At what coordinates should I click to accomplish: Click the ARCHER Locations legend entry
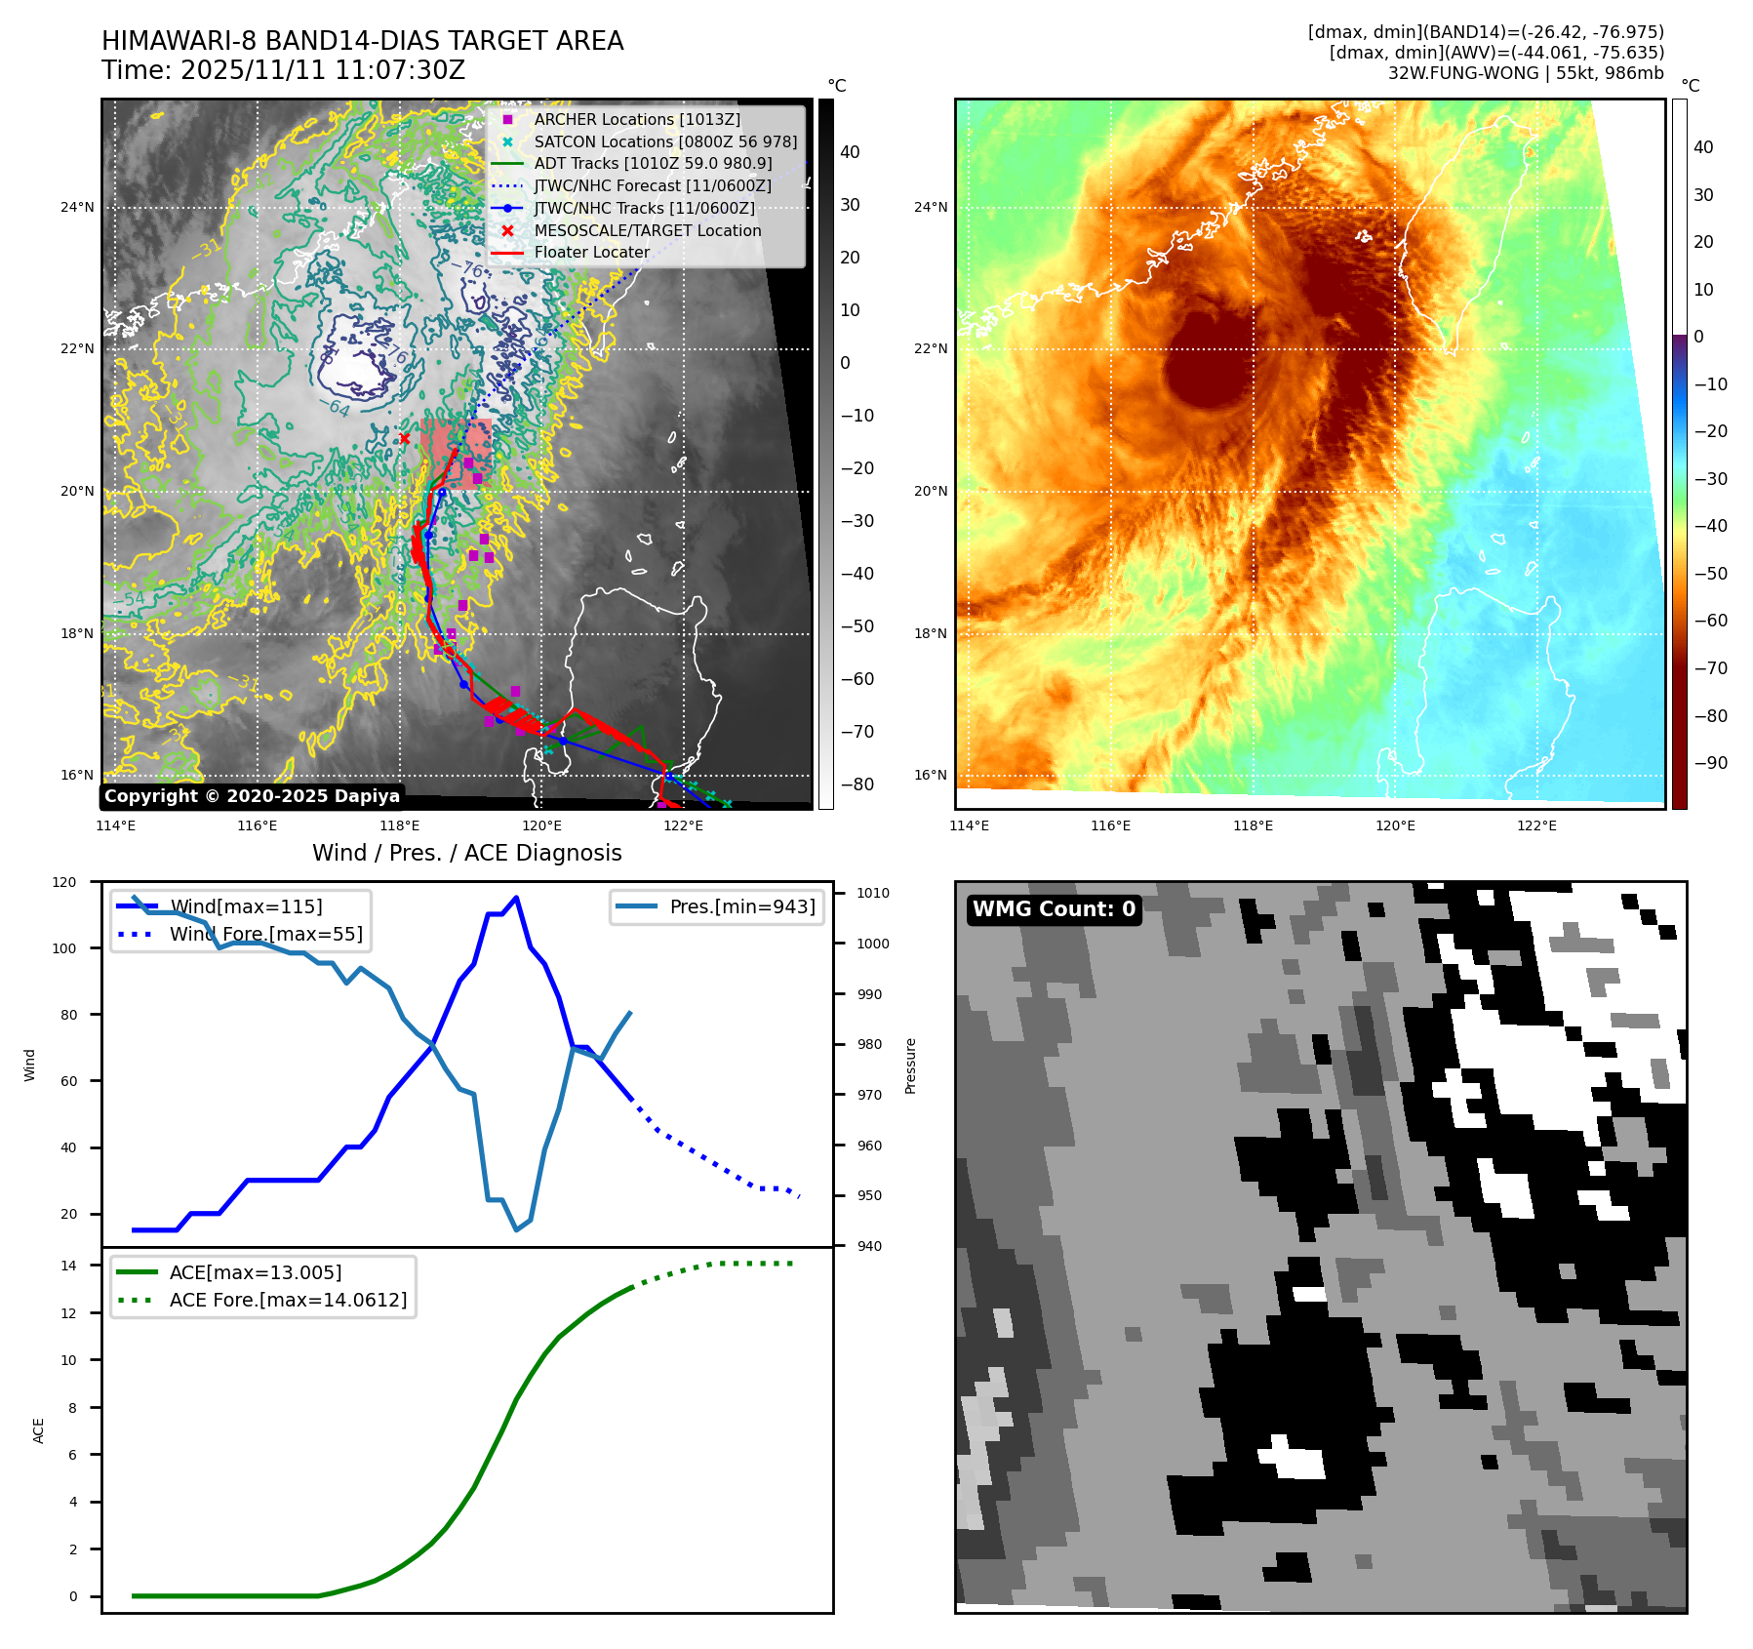pos(637,119)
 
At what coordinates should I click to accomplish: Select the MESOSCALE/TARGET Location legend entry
pos(647,230)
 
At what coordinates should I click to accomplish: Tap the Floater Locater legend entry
pos(591,252)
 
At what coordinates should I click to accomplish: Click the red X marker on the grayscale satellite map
pos(405,439)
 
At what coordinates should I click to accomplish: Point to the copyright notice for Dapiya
pos(252,796)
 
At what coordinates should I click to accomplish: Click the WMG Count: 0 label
pos(1054,909)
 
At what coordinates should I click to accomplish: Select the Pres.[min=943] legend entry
pos(741,906)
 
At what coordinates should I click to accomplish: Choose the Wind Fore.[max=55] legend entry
pos(265,934)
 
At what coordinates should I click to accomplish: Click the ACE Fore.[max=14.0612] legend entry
pos(288,1300)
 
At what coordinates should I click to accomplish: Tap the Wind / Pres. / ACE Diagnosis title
pos(466,853)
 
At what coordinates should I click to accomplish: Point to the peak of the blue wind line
pos(516,898)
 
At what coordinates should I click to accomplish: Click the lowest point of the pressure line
pos(517,1230)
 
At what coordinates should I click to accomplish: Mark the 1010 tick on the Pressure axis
pos(872,893)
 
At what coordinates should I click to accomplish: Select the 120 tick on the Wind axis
pos(64,882)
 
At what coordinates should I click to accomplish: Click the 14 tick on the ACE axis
pos(69,1266)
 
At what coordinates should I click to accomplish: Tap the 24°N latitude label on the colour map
pos(931,207)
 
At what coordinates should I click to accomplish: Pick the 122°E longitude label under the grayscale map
pos(683,825)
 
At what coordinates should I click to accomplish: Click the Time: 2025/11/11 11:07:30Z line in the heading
pos(283,70)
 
